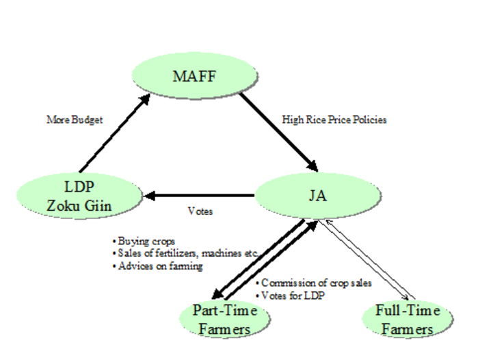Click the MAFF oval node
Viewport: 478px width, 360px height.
pos(195,76)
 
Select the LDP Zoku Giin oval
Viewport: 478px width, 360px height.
pos(79,196)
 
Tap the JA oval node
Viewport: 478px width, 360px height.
pos(318,196)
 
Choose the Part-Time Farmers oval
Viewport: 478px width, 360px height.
pos(225,319)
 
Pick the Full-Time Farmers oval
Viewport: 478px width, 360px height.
pos(408,319)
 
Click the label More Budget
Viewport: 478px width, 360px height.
pos(75,120)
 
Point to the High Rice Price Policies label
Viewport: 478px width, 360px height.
pos(334,120)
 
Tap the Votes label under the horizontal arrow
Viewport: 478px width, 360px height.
pos(200,211)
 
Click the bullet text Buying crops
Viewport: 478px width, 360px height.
pos(144,242)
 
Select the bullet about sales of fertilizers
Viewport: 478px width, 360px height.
pos(185,253)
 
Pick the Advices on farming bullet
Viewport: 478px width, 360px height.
pos(157,266)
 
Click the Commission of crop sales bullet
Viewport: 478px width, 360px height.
pos(314,283)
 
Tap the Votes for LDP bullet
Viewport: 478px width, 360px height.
pos(291,296)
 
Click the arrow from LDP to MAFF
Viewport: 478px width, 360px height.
pos(115,133)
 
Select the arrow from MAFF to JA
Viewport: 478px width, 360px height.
pos(278,132)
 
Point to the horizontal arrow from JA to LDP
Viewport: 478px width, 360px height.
pos(199,195)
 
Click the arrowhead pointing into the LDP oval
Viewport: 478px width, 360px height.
pos(149,195)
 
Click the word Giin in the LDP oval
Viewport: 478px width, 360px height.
pos(98,205)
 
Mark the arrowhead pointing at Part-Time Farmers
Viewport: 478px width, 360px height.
pos(218,294)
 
